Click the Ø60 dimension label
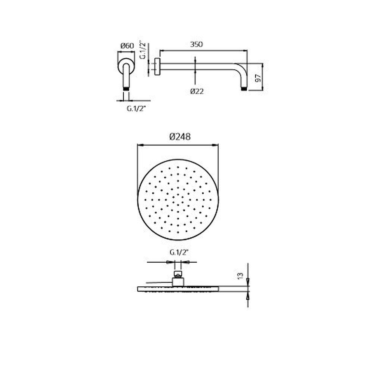click(x=127, y=46)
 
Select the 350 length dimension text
click(x=196, y=44)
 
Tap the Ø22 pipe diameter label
click(x=197, y=91)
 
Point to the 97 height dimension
click(x=258, y=78)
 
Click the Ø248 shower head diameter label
click(x=180, y=137)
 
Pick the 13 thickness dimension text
click(x=241, y=276)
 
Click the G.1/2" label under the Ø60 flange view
click(x=136, y=108)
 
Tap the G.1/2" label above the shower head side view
click(x=179, y=253)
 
